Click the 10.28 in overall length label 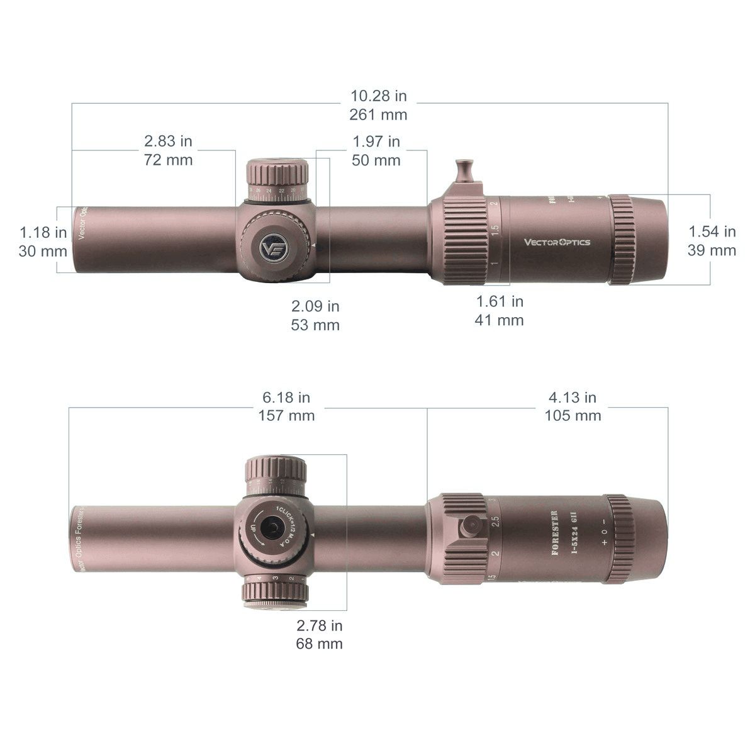click(378, 96)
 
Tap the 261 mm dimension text click(378, 115)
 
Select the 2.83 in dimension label click(168, 142)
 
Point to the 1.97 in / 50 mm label click(376, 151)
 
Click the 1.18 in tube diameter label click(43, 232)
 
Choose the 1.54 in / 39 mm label click(712, 241)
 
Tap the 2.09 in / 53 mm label click(315, 316)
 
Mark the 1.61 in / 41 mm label click(499, 311)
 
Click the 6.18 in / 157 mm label click(286, 406)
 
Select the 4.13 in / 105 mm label click(573, 406)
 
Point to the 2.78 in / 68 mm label click(320, 634)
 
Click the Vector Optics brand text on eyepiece click(557, 242)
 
